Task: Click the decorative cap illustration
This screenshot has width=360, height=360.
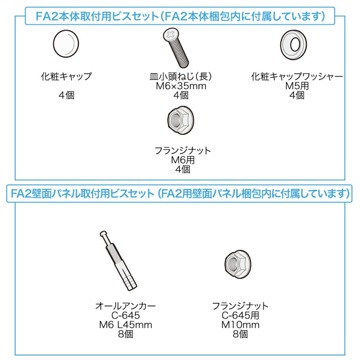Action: (x=66, y=44)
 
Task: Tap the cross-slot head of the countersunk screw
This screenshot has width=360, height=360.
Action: (x=171, y=35)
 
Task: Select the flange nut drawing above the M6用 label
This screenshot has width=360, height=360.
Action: (x=181, y=120)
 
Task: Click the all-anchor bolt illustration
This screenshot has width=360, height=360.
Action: (x=118, y=261)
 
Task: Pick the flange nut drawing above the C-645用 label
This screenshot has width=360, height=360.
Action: (x=238, y=264)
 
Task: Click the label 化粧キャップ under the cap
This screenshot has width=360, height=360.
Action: (x=66, y=76)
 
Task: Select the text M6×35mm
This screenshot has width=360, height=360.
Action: (x=181, y=86)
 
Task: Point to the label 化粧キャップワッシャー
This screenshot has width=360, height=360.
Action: (x=297, y=76)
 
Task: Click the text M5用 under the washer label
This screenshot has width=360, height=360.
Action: (x=297, y=86)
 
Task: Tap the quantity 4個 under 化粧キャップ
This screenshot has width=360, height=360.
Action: (x=66, y=95)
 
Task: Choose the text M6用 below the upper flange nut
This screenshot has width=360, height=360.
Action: (x=183, y=160)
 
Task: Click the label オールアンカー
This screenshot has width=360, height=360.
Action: (x=126, y=306)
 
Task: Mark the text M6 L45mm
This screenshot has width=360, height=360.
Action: (x=126, y=325)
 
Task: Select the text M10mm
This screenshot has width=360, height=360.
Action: (x=240, y=325)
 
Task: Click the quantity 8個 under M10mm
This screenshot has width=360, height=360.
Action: (x=240, y=334)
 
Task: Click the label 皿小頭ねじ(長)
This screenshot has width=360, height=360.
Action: (x=181, y=76)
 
